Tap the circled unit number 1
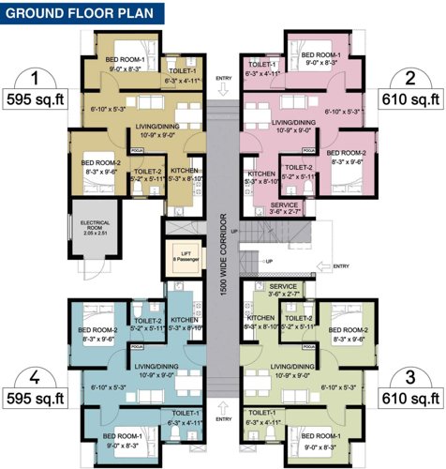coord(35,78)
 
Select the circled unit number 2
coord(409,78)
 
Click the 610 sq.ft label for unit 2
coord(410,98)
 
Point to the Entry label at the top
coord(222,78)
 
